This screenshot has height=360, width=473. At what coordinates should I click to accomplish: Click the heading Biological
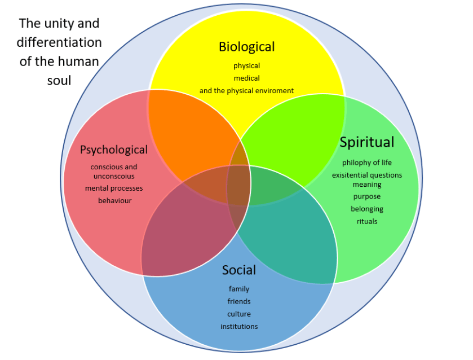[x=246, y=46]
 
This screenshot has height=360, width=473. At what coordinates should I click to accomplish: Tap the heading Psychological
[x=114, y=150]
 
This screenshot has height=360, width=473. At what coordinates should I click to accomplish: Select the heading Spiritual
[x=366, y=142]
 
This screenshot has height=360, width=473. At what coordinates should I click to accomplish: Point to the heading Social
[x=239, y=270]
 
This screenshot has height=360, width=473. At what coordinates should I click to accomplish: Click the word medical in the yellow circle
[x=246, y=78]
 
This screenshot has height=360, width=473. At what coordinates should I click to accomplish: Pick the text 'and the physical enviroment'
[x=246, y=90]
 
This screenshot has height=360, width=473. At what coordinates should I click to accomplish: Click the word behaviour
[x=114, y=200]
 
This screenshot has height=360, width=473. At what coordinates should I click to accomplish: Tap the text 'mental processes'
[x=114, y=188]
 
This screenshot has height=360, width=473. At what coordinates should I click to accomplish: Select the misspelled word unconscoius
[x=114, y=176]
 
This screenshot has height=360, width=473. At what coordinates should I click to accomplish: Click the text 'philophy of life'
[x=366, y=163]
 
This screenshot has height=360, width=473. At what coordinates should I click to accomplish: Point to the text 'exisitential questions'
[x=366, y=175]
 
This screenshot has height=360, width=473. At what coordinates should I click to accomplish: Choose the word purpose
[x=366, y=196]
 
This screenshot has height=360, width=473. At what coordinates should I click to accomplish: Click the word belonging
[x=366, y=209]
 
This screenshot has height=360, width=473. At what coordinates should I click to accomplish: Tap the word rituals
[x=366, y=221]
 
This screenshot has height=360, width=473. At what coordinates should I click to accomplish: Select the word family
[x=239, y=289]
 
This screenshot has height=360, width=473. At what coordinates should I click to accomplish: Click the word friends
[x=239, y=301]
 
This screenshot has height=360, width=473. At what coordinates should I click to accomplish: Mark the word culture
[x=239, y=314]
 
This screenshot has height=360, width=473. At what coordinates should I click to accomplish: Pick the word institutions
[x=239, y=326]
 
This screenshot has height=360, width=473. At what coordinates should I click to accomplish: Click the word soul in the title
[x=59, y=80]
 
